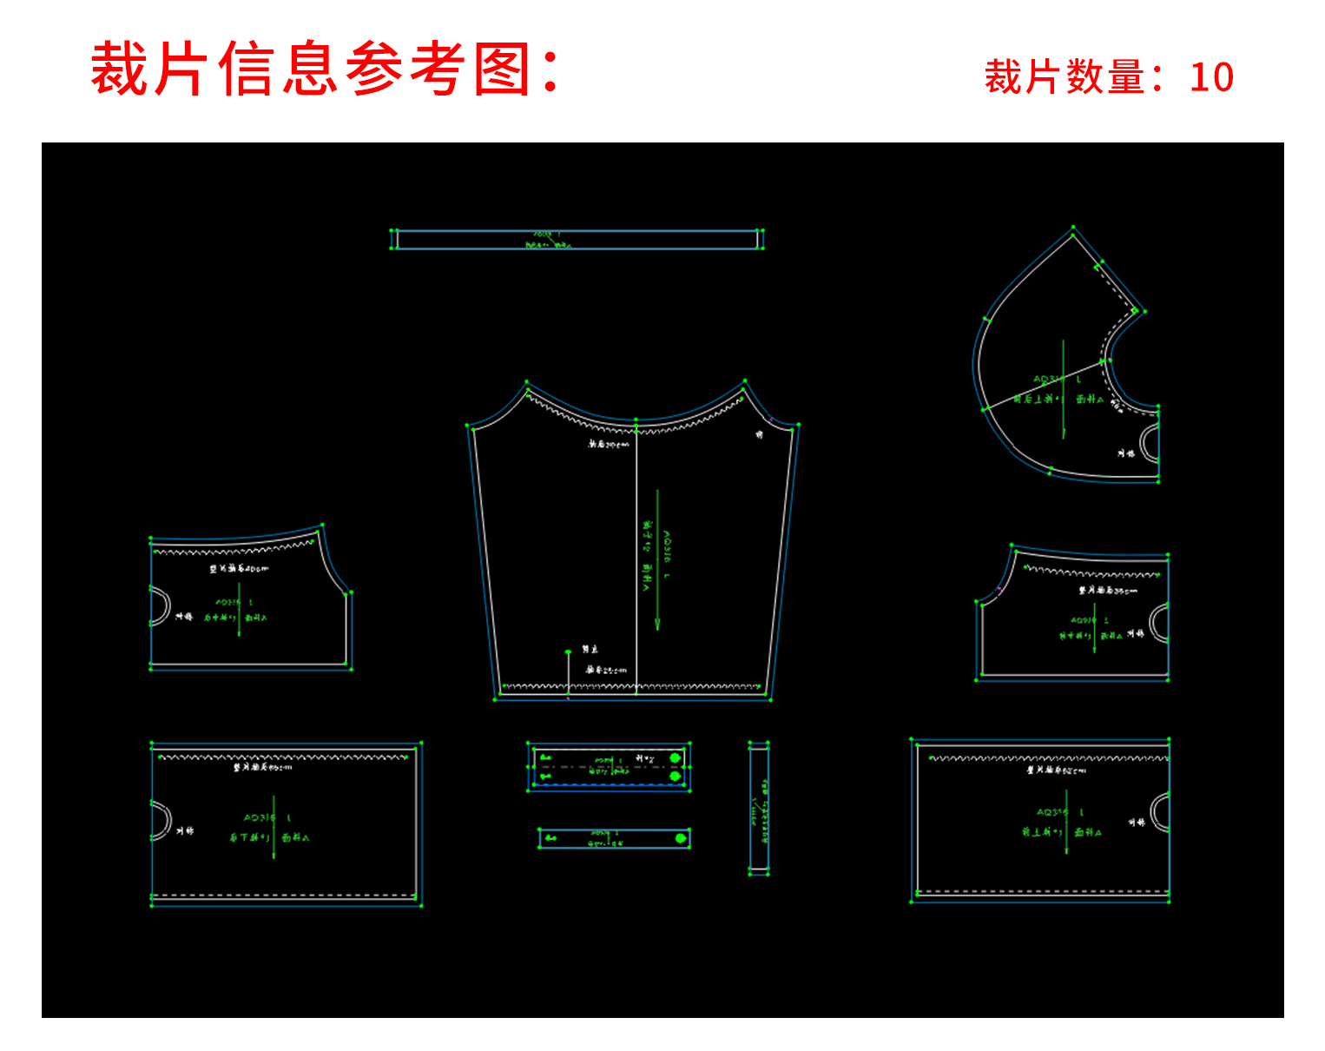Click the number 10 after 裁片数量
(1211, 77)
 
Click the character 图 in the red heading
(503, 69)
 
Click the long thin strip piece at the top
(577, 240)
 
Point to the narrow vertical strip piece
(759, 808)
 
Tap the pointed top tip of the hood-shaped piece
(1073, 229)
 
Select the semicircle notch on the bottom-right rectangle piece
(1160, 813)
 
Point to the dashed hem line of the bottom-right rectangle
(1042, 891)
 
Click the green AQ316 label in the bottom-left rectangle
(260, 818)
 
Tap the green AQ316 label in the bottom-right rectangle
(1051, 812)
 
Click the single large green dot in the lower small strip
(681, 838)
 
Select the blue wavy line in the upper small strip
(608, 783)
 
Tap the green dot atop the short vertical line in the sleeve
(568, 651)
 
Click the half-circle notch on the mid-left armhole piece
(161, 605)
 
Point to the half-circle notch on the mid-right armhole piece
(1160, 624)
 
